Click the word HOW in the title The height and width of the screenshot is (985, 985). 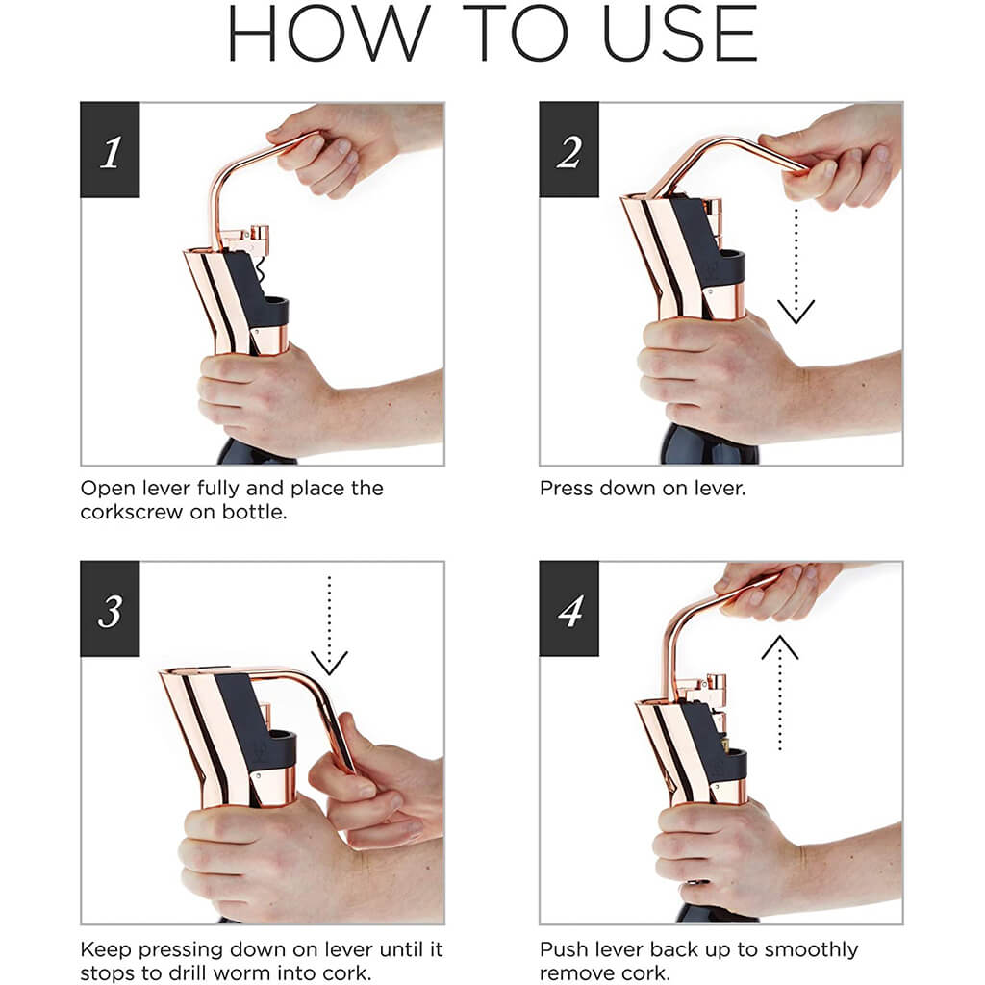[x=329, y=33]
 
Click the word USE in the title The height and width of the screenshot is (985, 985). [x=680, y=33]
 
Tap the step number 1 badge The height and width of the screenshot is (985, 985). [x=110, y=149]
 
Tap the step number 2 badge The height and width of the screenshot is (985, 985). [x=569, y=149]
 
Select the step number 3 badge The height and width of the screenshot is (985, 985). [x=110, y=609]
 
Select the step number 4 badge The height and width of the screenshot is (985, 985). [x=569, y=609]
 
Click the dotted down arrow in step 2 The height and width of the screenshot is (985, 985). [x=796, y=266]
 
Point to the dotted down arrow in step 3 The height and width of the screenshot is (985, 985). [x=329, y=625]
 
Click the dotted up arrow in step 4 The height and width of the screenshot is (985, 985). [x=779, y=693]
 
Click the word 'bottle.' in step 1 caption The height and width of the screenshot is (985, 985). [x=254, y=512]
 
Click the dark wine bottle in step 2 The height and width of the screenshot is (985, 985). [x=710, y=447]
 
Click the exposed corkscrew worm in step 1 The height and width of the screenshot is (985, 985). [x=262, y=271]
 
